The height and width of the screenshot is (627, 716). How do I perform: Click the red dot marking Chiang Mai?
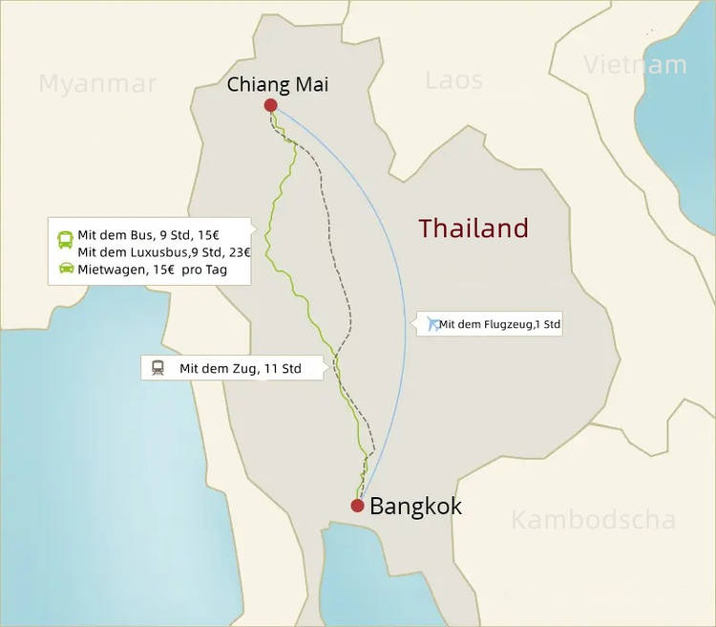tap(270, 105)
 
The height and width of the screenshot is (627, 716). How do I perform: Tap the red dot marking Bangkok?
tap(357, 506)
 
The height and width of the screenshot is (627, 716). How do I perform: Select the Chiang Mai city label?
tap(277, 85)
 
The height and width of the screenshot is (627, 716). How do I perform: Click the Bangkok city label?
tap(415, 507)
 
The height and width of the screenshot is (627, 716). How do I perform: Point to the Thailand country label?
tap(474, 228)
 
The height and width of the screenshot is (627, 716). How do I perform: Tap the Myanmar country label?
tap(97, 84)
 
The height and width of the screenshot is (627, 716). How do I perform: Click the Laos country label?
tap(454, 80)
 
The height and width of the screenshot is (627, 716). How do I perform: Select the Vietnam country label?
tap(635, 65)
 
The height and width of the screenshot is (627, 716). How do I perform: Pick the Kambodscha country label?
tap(593, 520)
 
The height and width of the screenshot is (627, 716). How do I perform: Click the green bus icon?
tap(66, 237)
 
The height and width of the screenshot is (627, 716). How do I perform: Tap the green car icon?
tap(66, 269)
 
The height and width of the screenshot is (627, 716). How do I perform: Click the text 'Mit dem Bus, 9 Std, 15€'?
tap(149, 235)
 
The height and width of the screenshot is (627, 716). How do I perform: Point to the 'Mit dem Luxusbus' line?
tap(163, 252)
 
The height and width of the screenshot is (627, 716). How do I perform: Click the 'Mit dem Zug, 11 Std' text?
tap(240, 368)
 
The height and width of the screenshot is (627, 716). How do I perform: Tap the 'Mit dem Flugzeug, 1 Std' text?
tap(499, 325)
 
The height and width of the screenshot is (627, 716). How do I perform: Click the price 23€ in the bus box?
tap(239, 252)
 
